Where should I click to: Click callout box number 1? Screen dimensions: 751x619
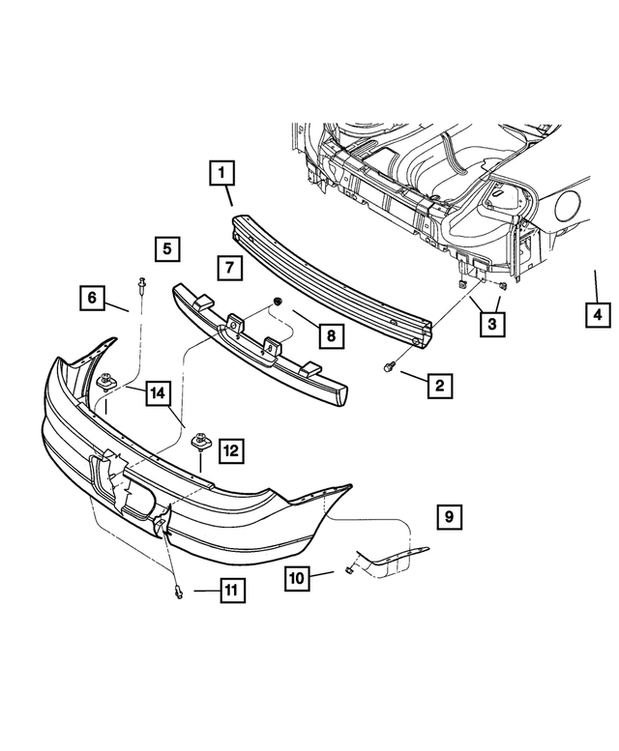221,175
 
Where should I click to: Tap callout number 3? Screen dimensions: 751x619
492,326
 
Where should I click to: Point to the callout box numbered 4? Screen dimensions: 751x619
597,315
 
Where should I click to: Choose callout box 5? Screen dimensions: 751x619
166,249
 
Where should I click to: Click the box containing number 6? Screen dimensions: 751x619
92,299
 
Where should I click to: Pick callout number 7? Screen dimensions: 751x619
227,267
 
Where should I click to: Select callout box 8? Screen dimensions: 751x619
330,335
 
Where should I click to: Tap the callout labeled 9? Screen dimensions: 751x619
449,518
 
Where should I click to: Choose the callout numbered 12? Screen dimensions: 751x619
231,449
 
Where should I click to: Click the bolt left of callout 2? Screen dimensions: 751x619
388,367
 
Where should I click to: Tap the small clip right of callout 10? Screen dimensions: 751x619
343,572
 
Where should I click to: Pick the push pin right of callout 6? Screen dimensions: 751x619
141,285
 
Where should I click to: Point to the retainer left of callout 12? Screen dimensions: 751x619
203,441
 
